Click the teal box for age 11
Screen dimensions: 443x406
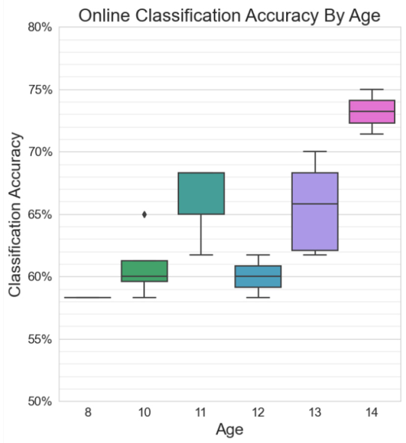pos(201,193)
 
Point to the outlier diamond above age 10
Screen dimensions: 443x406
pos(144,214)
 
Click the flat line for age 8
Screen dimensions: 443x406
pos(87,297)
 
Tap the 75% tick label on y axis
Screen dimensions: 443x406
pos(39,90)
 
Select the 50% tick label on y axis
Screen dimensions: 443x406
pos(39,401)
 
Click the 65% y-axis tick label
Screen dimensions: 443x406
pos(39,215)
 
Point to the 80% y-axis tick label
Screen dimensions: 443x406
pos(39,28)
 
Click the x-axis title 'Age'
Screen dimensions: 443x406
pos(229,430)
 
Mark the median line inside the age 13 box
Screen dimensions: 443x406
pos(315,203)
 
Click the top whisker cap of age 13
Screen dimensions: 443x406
pos(315,151)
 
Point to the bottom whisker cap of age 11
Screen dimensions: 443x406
pos(201,255)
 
